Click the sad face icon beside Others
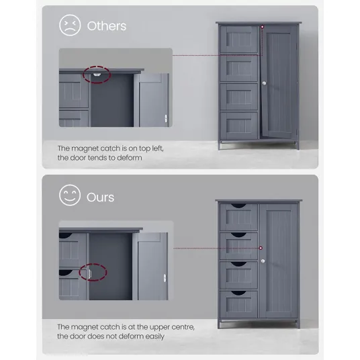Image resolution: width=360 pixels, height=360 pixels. click(x=70, y=26)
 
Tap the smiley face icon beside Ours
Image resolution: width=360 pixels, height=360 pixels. click(x=70, y=195)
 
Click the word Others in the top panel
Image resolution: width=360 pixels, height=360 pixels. click(x=107, y=26)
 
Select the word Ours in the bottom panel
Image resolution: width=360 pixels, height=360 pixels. click(x=100, y=197)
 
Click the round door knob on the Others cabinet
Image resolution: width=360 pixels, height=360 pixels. click(x=264, y=83)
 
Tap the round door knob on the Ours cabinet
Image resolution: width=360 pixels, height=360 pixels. click(x=263, y=261)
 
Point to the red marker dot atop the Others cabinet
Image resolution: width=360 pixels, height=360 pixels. click(x=262, y=27)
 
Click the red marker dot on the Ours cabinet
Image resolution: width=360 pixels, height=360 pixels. click(x=261, y=248)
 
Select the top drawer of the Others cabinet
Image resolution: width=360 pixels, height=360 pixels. click(x=239, y=39)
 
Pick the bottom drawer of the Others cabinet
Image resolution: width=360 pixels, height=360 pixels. click(x=239, y=126)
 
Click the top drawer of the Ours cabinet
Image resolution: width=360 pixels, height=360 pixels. click(x=239, y=217)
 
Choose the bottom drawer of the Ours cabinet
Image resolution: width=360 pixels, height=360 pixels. click(x=239, y=304)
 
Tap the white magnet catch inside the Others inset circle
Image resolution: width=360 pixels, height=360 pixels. click(x=97, y=75)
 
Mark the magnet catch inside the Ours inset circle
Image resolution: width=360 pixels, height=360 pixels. click(x=90, y=273)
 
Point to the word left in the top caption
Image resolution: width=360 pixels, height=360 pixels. click(x=158, y=148)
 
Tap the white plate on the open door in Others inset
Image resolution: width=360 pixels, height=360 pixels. click(x=166, y=118)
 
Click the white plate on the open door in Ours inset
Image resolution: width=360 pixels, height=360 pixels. click(x=165, y=278)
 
